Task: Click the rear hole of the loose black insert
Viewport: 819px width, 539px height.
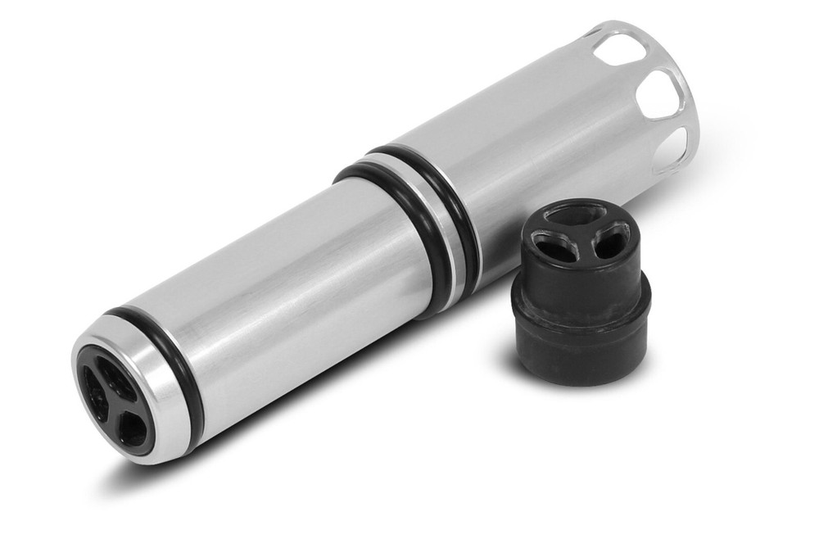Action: pos(583,216)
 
